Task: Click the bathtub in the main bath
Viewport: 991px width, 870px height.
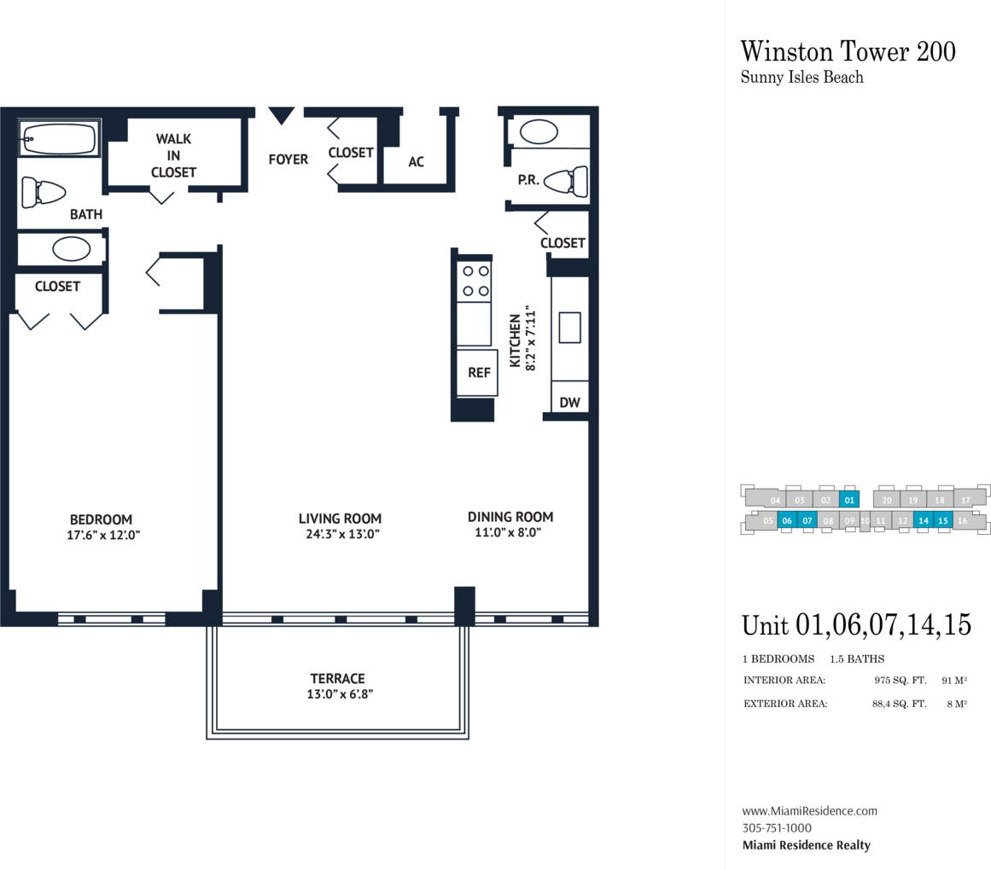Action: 59,138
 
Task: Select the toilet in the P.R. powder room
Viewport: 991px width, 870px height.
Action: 566,182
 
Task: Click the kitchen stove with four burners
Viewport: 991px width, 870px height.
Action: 474,281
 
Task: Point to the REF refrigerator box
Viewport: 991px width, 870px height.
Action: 477,373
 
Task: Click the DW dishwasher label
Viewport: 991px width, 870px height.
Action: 569,403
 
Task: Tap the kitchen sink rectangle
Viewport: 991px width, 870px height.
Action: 569,328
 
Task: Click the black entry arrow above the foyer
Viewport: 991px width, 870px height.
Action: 281,115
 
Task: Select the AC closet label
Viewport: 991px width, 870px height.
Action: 416,161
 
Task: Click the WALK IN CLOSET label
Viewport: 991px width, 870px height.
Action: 173,155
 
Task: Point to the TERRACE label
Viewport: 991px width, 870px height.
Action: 337,679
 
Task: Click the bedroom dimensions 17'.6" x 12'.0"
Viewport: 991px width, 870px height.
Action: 103,536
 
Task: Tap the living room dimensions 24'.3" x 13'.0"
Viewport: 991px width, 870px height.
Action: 342,534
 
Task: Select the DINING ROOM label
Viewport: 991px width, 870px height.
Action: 510,517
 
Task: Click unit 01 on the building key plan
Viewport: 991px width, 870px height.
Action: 848,500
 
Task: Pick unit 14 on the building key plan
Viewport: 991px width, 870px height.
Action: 924,520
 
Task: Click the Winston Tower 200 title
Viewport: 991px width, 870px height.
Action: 848,52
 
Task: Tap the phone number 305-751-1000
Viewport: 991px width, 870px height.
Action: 777,827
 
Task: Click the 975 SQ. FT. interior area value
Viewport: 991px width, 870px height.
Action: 900,680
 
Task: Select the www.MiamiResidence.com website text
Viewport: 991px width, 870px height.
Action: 809,810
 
